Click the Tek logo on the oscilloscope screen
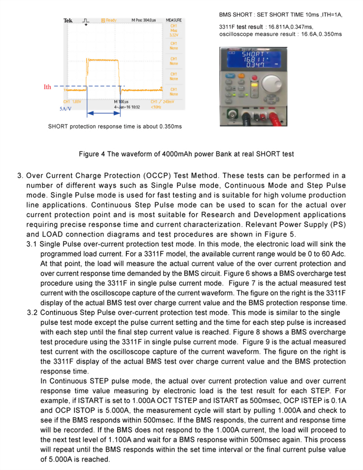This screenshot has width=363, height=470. pos(68,21)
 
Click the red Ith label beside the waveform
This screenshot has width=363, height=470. pos(47,87)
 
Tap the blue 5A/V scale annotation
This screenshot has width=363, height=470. pos(66,109)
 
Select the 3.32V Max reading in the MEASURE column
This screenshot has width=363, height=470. pos(174,35)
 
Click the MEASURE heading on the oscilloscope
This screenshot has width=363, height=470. pos(174,20)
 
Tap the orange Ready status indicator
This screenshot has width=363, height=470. pos(109,20)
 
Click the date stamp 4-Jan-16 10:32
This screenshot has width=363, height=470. pos(127,107)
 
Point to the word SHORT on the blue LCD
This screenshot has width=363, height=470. pos(254,54)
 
